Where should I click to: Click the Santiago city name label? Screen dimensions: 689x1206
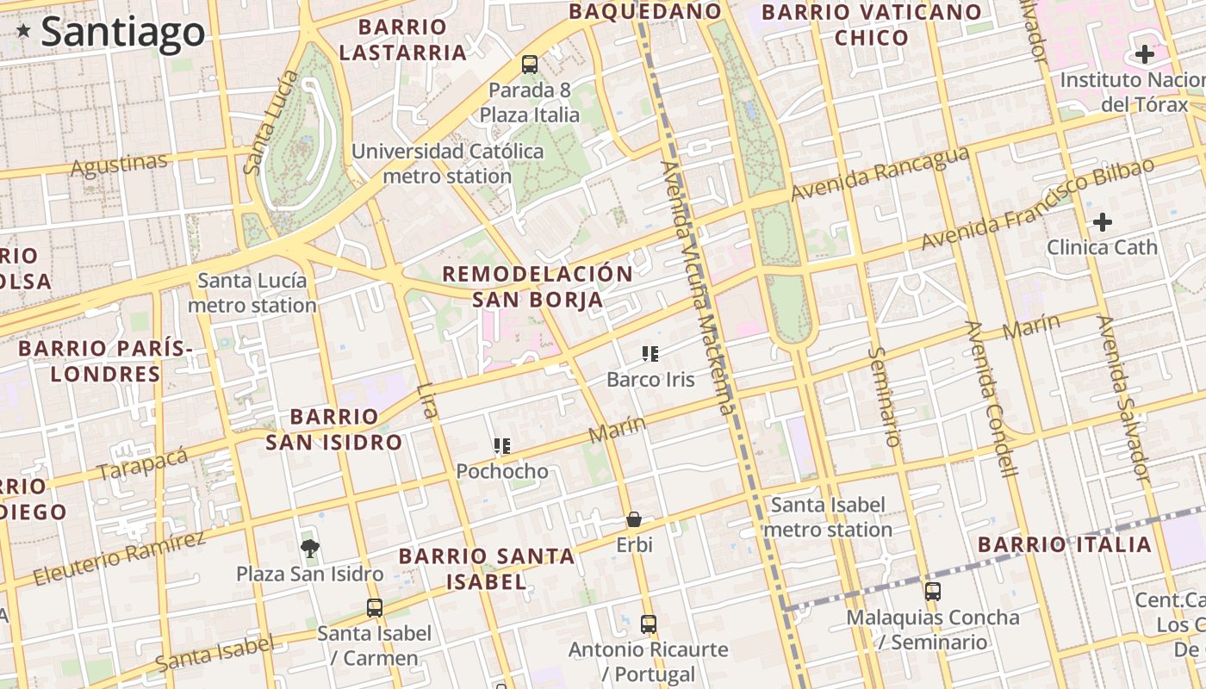click(122, 32)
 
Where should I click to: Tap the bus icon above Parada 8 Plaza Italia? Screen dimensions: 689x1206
click(530, 64)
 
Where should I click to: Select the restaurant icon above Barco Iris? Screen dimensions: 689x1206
click(650, 353)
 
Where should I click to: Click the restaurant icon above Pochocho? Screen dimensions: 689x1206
click(502, 445)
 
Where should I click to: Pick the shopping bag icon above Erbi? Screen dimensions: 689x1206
click(634, 519)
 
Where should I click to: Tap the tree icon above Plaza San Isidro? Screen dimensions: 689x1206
click(310, 548)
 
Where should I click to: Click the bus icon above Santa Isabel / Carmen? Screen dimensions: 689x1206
click(375, 607)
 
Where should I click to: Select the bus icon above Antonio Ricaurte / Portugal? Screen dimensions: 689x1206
click(649, 624)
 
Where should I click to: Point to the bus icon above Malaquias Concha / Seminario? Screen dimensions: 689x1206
click(933, 592)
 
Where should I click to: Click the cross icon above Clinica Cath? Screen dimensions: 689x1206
click(1103, 222)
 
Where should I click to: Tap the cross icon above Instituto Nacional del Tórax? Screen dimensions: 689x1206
click(1144, 55)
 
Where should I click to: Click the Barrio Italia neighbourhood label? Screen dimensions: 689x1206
click(1065, 544)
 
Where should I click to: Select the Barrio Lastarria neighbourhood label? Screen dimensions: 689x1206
click(402, 40)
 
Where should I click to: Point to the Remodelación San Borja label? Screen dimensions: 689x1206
click(538, 287)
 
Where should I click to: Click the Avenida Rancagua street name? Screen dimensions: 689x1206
click(880, 173)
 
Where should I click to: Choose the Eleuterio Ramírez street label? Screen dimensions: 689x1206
click(120, 558)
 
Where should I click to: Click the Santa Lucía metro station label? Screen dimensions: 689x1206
click(252, 293)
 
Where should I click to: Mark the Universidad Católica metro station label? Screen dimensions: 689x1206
click(448, 164)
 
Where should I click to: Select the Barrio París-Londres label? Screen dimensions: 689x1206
click(105, 361)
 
